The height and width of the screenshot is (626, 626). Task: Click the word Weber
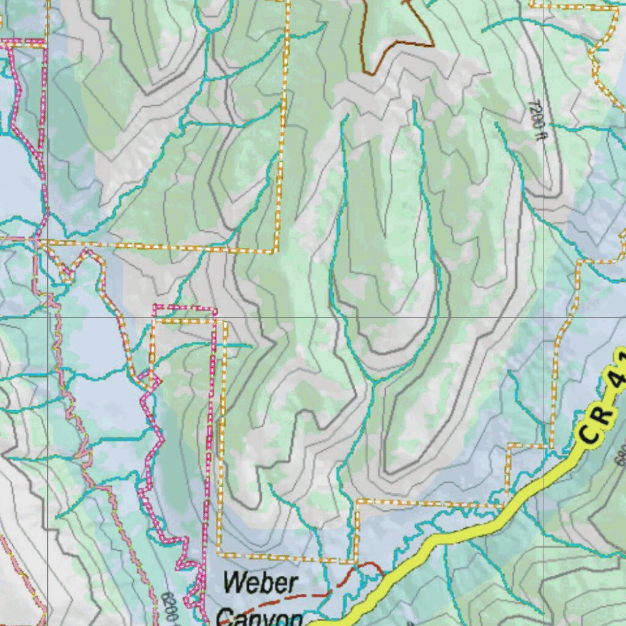[259, 583]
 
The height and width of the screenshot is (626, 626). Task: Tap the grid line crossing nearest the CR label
[543, 318]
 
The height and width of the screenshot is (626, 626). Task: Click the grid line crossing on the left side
[48, 318]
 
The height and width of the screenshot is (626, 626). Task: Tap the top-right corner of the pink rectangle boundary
[215, 309]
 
